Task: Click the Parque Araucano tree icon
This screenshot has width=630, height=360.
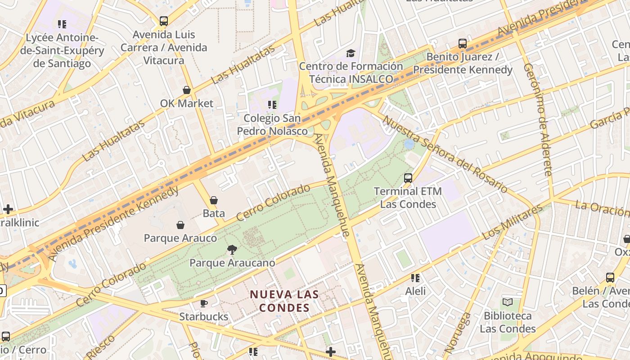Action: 232,249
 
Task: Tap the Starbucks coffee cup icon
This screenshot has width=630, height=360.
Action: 203,303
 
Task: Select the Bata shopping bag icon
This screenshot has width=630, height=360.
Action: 214,200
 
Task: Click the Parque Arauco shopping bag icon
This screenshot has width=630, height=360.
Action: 180,225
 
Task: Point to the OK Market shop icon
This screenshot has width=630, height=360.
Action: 187,90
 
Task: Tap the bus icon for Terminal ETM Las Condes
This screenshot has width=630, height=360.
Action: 408,178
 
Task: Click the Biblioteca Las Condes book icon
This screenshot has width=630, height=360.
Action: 508,302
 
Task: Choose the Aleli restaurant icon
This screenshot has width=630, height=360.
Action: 415,278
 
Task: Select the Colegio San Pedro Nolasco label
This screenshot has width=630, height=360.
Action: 272,125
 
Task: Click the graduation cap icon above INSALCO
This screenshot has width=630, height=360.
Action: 351,54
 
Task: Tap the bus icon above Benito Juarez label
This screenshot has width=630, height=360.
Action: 463,44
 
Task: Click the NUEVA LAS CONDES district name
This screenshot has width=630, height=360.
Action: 284,301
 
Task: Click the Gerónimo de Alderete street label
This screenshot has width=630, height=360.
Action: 538,119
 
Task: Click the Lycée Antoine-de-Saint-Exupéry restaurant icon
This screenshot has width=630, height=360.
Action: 62,24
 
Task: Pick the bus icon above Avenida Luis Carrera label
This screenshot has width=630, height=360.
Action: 164,21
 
